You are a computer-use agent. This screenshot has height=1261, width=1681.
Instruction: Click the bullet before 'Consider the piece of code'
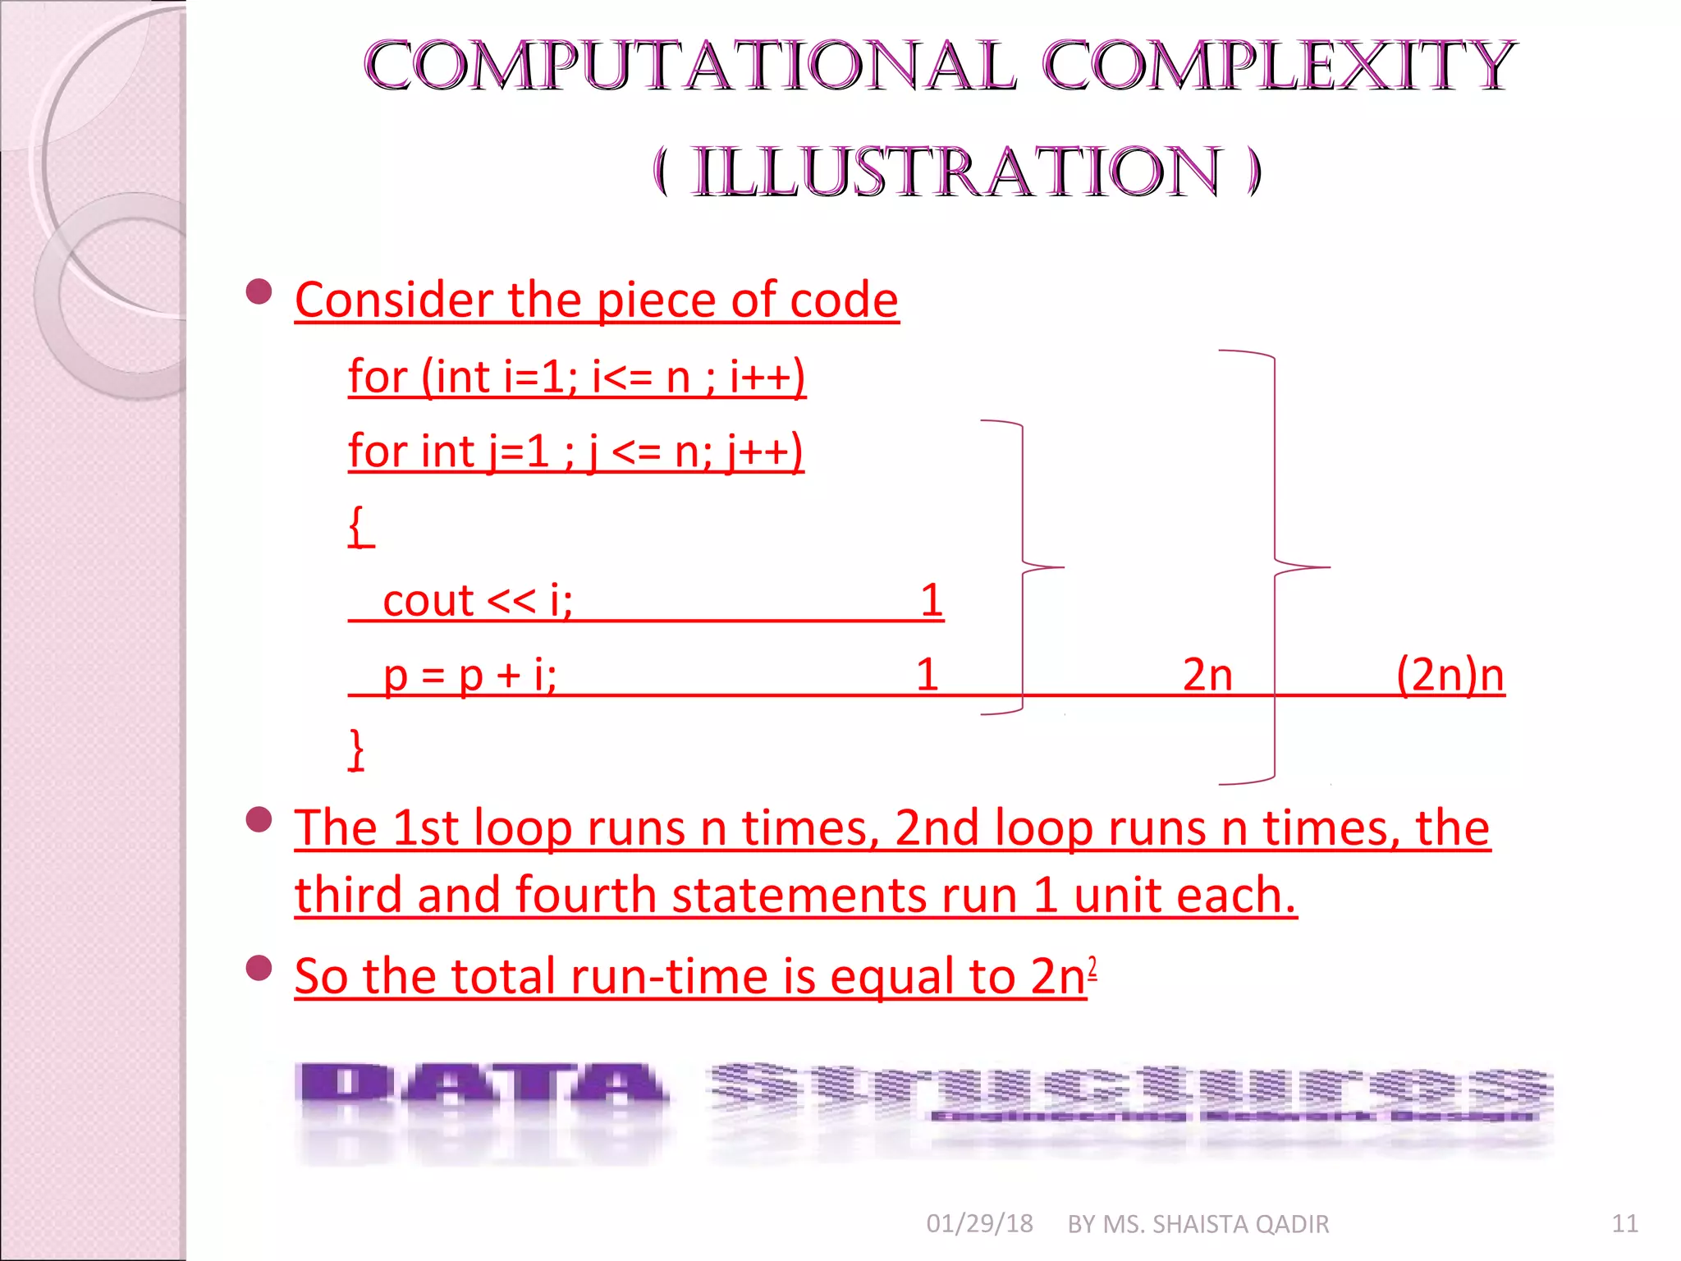click(259, 291)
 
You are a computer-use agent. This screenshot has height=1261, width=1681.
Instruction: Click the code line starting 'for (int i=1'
click(576, 377)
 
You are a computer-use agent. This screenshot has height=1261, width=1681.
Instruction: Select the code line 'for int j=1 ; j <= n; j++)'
click(575, 452)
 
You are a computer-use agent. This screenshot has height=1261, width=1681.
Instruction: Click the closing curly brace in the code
click(356, 749)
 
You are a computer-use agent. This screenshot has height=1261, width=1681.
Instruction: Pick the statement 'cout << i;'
click(478, 600)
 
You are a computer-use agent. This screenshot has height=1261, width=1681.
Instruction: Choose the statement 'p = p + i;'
click(470, 675)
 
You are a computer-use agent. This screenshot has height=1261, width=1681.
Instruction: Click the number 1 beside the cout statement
click(931, 600)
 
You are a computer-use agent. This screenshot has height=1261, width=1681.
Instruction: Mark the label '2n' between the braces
click(1207, 675)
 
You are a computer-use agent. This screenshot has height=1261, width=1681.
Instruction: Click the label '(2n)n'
click(1450, 675)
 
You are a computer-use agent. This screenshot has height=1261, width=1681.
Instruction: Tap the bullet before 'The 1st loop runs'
click(259, 819)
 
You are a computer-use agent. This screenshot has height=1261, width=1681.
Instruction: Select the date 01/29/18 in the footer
click(979, 1224)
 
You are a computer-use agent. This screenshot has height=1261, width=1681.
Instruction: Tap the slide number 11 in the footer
click(1624, 1224)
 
